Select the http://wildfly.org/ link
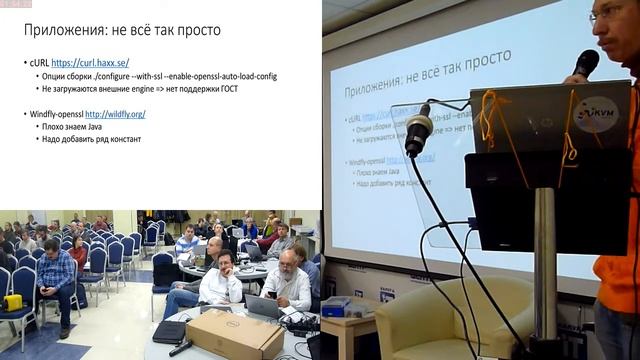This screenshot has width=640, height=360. [x=115, y=114]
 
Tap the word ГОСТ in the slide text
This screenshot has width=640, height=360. [x=225, y=89]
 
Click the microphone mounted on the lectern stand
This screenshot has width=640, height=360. [x=418, y=129]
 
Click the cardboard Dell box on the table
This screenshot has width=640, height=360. [x=234, y=332]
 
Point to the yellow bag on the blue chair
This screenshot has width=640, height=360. [x=13, y=302]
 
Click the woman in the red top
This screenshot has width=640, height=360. [x=79, y=255]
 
